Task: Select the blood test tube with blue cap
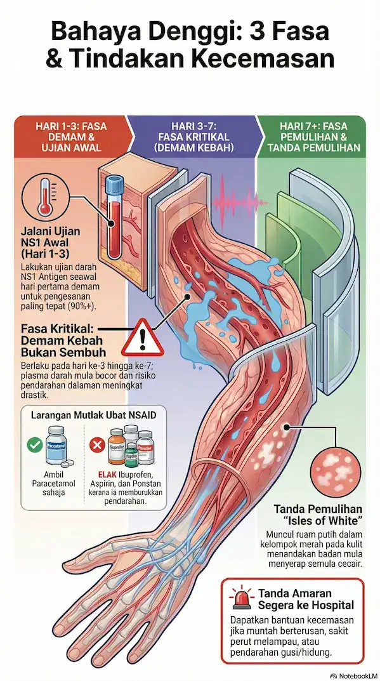click(x=114, y=216)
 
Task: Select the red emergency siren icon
click(x=241, y=598)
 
